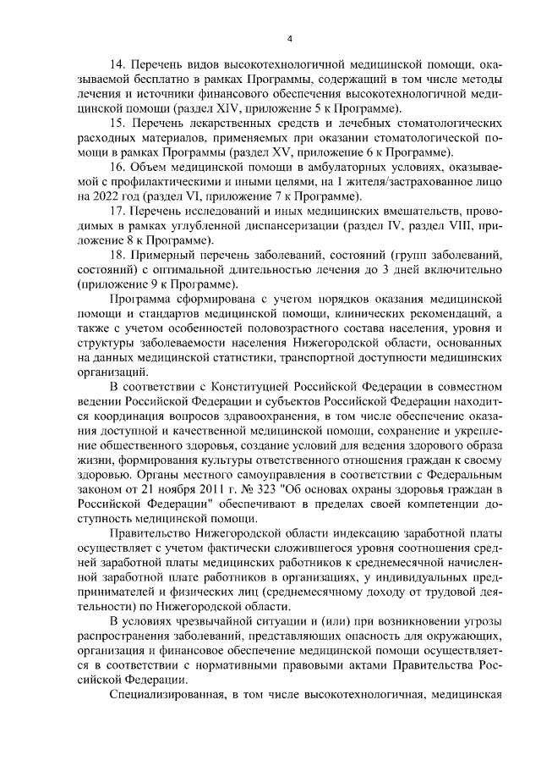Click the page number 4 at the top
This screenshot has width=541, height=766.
click(289, 37)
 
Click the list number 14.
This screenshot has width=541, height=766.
click(118, 63)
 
